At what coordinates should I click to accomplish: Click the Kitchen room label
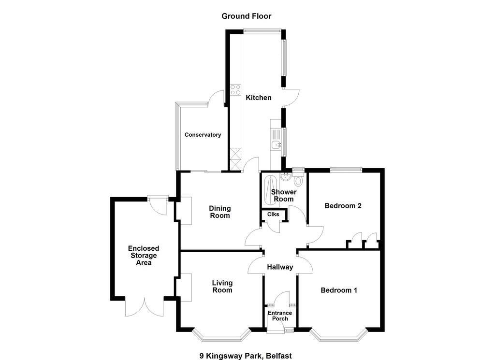pyautogui.click(x=259, y=98)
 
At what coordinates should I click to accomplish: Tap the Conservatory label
pyautogui.click(x=203, y=135)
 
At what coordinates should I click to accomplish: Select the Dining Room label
pyautogui.click(x=220, y=212)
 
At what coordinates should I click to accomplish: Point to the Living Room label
pyautogui.click(x=222, y=287)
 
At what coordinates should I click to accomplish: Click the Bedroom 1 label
pyautogui.click(x=339, y=290)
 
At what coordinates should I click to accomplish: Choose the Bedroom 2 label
pyautogui.click(x=343, y=206)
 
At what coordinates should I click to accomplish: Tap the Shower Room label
pyautogui.click(x=284, y=195)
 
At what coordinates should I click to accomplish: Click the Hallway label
pyautogui.click(x=280, y=267)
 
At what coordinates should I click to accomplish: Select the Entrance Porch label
pyautogui.click(x=280, y=316)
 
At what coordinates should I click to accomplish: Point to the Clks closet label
pyautogui.click(x=273, y=214)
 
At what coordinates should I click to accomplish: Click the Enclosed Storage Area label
pyautogui.click(x=144, y=256)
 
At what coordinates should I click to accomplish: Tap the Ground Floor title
pyautogui.click(x=246, y=16)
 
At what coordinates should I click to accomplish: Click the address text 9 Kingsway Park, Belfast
pyautogui.click(x=246, y=356)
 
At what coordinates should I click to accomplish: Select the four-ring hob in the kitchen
pyautogui.click(x=235, y=89)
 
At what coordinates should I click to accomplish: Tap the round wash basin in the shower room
pyautogui.click(x=286, y=176)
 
